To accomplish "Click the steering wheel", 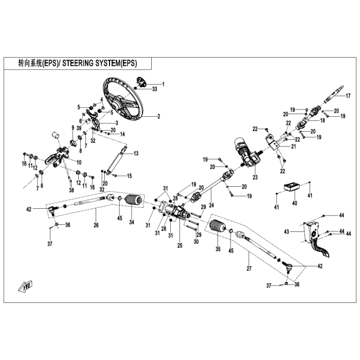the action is point(138,115).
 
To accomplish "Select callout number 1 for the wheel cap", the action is point(163,84).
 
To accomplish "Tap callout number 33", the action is point(155,89).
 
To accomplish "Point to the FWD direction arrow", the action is point(25,286).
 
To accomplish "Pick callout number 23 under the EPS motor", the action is point(255,177).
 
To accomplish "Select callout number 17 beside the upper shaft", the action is point(348,96).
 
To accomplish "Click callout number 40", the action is point(295,203).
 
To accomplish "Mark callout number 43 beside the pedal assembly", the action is point(286,231).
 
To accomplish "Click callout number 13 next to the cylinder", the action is point(136,153).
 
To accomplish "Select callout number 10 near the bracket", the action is point(79,163).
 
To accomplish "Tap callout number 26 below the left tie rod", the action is point(96,225).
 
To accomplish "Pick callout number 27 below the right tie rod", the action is point(249,268).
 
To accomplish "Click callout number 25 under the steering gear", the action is point(180,245).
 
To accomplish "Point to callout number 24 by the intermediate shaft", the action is point(211,205).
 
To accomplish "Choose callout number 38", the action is point(71,190).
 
